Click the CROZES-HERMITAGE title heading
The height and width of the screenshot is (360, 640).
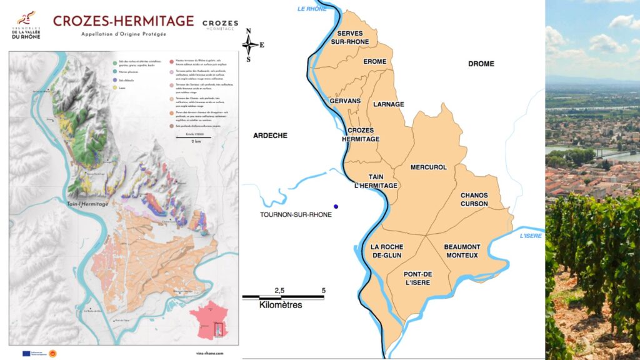point(123,21)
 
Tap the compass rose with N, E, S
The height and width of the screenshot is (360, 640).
point(251,44)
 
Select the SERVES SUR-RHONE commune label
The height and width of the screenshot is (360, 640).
point(353,37)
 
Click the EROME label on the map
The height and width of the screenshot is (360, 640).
point(375,62)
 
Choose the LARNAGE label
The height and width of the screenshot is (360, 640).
point(389,104)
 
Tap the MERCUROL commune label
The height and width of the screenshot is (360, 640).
point(428,167)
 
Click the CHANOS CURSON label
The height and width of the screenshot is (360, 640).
point(474,199)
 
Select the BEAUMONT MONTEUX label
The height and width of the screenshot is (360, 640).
point(462,251)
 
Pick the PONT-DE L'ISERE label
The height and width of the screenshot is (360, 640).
point(418,278)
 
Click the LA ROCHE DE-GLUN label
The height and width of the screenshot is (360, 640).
point(386,251)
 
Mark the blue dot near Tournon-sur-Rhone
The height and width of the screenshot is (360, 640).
point(336,206)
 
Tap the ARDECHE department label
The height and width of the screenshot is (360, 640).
point(270,136)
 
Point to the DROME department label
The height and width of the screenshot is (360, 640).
point(481,64)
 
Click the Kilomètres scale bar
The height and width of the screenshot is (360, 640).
point(282,298)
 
